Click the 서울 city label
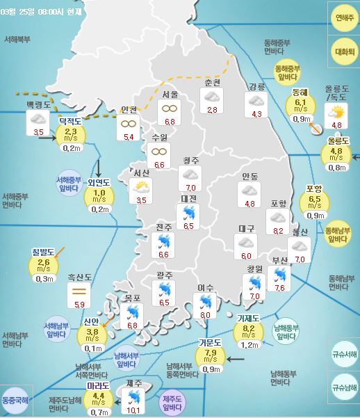click(x=170, y=95)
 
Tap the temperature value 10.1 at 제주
click(x=134, y=410)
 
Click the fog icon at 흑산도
click(x=79, y=286)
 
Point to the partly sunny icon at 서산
click(x=141, y=186)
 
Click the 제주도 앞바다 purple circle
click(x=172, y=403)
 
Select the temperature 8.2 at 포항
click(x=279, y=231)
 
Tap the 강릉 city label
click(x=256, y=86)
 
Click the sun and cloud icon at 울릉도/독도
click(x=337, y=111)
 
